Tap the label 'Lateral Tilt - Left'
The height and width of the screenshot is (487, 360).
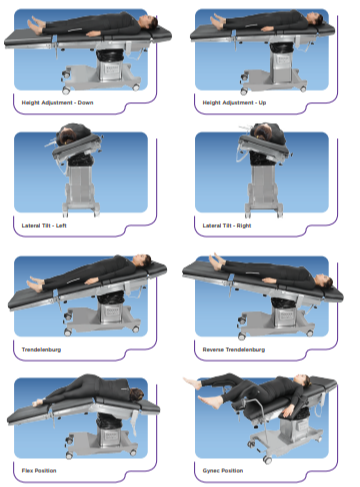(x=46, y=225)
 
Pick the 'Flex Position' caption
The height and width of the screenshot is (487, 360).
(x=40, y=468)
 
